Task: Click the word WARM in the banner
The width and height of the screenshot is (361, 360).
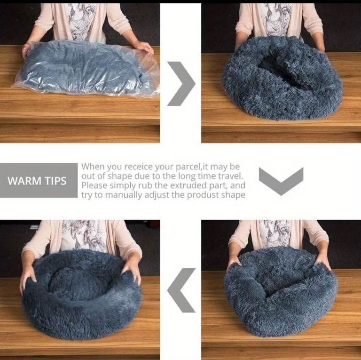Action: click(x=24, y=181)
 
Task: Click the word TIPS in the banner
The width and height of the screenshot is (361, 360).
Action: click(x=55, y=181)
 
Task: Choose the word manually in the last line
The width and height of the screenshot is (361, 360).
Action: click(x=124, y=195)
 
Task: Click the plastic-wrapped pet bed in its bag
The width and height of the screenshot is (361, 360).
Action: click(x=85, y=68)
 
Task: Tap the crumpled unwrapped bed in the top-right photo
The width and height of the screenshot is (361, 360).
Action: click(x=282, y=79)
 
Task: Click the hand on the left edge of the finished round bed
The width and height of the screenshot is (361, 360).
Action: click(x=28, y=278)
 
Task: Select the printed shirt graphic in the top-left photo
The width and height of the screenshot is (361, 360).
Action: click(x=80, y=22)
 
